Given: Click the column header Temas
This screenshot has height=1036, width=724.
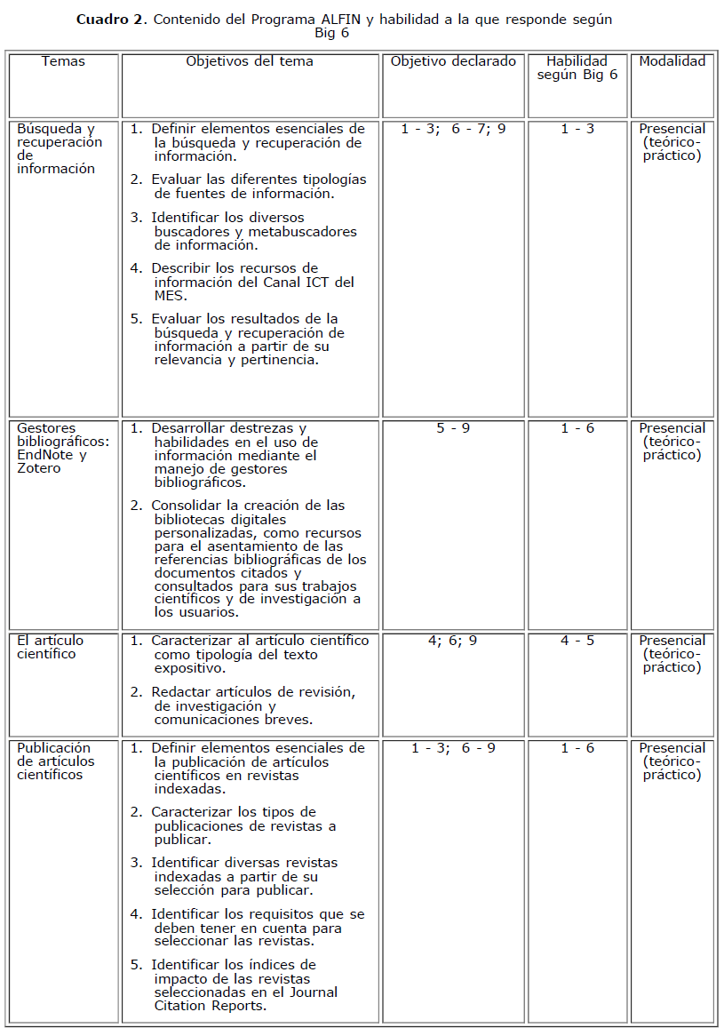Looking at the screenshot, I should (63, 61).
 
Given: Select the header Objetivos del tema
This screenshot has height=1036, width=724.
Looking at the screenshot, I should (250, 61).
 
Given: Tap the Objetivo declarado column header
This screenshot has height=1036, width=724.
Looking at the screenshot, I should (453, 61).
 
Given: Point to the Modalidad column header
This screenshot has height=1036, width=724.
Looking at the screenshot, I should (672, 61).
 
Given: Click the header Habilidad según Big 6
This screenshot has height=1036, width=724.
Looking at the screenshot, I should (577, 68).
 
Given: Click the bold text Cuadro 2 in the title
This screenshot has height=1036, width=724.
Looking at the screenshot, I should (111, 20).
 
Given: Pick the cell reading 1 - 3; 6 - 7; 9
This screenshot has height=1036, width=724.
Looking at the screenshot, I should (453, 129).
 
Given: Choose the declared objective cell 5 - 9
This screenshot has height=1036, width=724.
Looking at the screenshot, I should (453, 428).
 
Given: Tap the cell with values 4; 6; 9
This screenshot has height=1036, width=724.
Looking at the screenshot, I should (453, 641).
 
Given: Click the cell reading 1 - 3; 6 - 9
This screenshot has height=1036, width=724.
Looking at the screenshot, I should (453, 748).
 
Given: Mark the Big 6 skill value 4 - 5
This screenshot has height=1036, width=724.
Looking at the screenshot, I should (577, 641).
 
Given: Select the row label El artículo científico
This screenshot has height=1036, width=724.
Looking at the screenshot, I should (51, 647).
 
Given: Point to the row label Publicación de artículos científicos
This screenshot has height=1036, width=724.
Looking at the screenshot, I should (54, 761).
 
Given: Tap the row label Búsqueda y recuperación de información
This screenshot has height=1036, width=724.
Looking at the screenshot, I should (59, 148).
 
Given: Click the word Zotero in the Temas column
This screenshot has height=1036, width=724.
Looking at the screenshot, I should (39, 468).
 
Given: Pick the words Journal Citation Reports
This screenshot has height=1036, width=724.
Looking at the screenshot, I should (245, 1000).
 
